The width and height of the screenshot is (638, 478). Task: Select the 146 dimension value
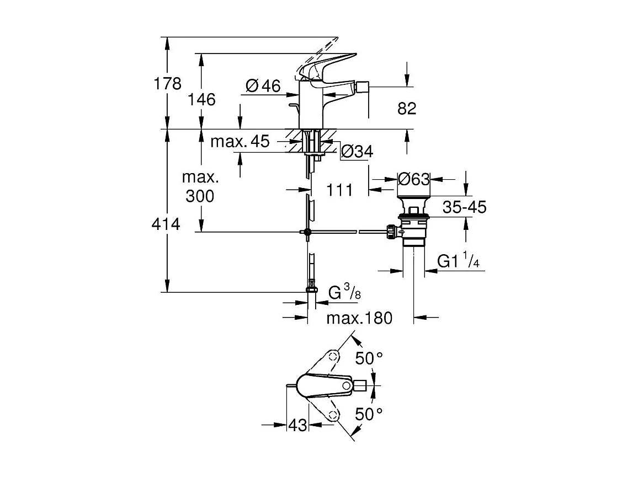(203, 99)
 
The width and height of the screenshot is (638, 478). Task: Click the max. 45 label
(240, 142)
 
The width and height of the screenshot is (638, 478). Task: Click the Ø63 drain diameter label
(413, 179)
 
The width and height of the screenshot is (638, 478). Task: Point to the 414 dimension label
(167, 224)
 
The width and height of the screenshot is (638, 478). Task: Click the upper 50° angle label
(369, 358)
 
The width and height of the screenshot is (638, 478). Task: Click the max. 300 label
(200, 187)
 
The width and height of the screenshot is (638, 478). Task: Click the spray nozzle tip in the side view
(363, 88)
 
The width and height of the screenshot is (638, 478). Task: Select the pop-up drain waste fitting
(413, 221)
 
